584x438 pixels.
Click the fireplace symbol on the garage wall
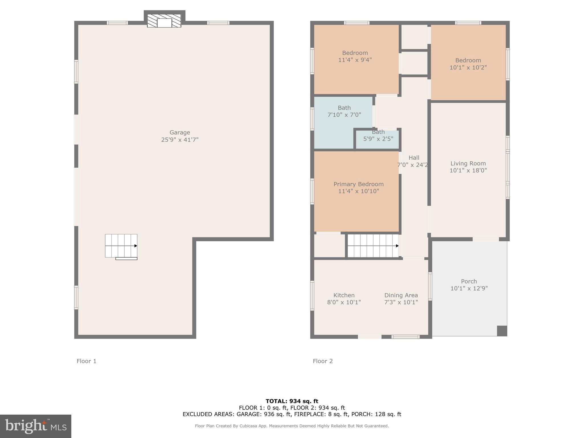point(164,21)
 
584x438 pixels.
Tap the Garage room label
point(180,133)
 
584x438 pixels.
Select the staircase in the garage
point(121,246)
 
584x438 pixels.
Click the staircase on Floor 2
point(373,246)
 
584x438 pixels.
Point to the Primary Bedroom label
point(358,184)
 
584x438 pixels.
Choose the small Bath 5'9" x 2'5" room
point(378,139)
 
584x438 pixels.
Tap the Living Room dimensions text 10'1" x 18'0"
point(468,171)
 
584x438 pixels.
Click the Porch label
point(469,281)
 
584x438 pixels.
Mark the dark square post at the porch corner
point(502,331)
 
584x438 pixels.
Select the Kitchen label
point(344,295)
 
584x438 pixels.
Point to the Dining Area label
point(401,295)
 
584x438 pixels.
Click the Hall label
point(414,158)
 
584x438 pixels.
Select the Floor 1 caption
point(86,361)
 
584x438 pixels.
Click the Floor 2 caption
point(323,361)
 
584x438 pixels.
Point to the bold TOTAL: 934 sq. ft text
point(292,401)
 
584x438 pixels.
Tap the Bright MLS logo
point(36,426)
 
